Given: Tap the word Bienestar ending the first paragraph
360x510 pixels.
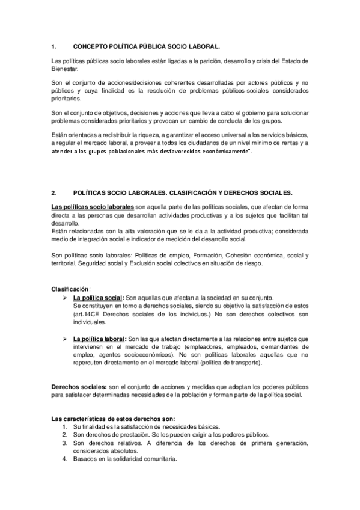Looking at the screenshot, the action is pos(67,69).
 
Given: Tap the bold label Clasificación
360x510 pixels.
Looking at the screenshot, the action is pos(70,290).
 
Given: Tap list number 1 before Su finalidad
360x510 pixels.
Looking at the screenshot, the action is pos(65,426).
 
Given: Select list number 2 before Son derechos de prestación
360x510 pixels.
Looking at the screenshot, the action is pos(65,434).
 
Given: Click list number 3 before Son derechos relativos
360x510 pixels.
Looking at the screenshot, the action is pos(65,443).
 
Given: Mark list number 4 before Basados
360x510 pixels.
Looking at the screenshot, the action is pos(65,459).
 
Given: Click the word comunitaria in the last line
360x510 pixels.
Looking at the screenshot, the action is pos(159,459).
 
